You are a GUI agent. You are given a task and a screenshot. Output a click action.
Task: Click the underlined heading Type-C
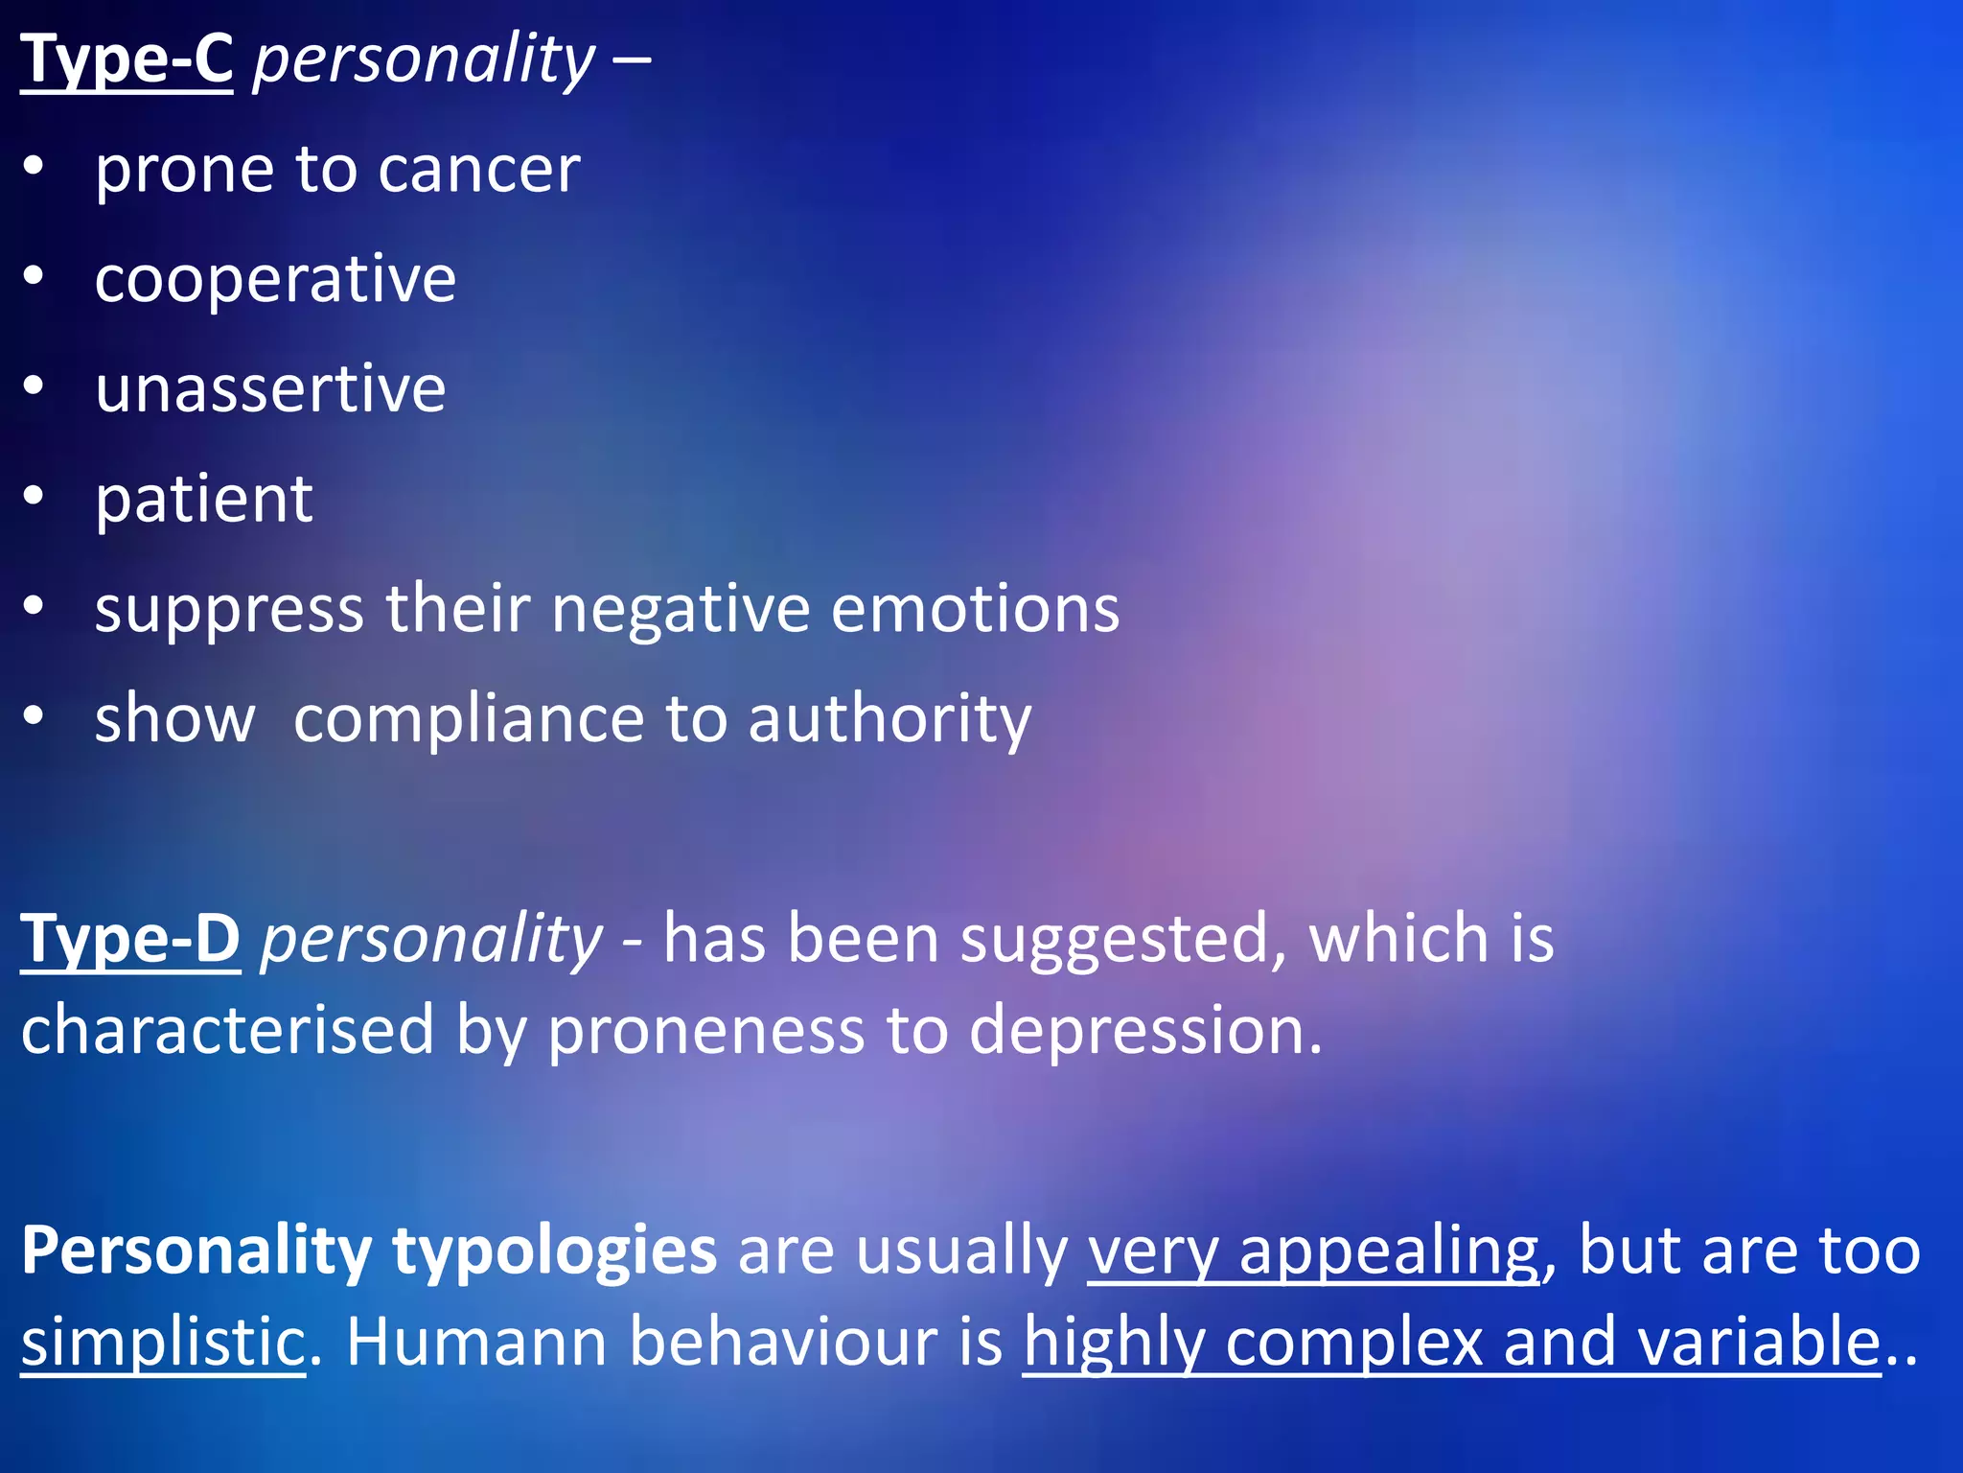point(126,60)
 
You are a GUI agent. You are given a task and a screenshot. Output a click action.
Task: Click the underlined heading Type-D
point(130,939)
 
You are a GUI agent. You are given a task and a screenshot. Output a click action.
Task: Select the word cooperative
point(275,281)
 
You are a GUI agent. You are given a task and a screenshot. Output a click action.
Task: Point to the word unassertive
point(270,389)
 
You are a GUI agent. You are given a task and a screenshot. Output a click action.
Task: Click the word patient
point(203,500)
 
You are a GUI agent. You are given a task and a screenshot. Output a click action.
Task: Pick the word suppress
point(229,610)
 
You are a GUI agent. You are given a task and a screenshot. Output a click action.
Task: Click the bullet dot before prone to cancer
point(34,167)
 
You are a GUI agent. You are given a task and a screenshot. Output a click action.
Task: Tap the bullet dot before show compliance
point(34,716)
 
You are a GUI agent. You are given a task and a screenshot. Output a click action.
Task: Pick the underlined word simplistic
point(162,1342)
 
